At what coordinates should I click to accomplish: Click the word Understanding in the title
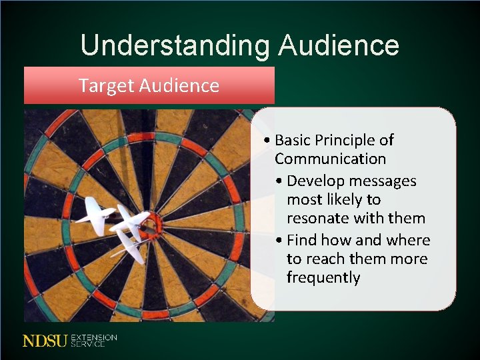(175, 45)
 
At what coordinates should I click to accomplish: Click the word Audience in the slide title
(339, 45)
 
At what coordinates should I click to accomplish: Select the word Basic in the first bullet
(293, 140)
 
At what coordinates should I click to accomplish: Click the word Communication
(330, 159)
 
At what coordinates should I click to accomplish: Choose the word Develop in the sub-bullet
(313, 181)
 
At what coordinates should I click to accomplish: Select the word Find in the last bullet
(301, 240)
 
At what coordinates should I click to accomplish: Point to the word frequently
(323, 277)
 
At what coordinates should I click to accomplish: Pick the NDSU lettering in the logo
(45, 341)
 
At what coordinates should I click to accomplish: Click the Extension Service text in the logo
(93, 341)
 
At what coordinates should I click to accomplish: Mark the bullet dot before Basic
(267, 141)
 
